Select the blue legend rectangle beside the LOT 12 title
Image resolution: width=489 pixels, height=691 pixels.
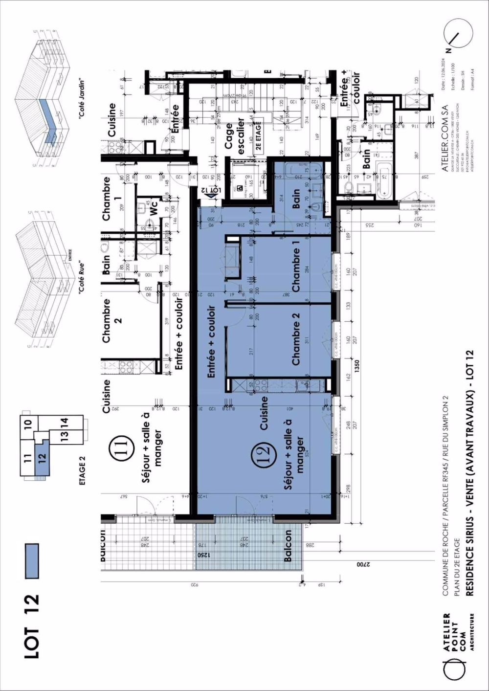click(x=31, y=561)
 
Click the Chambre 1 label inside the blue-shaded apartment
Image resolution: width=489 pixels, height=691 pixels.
click(x=295, y=270)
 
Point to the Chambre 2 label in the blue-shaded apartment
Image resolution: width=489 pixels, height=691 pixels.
click(x=295, y=343)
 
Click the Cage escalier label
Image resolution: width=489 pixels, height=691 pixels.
click(x=235, y=136)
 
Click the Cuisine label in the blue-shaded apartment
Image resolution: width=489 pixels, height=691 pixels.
click(x=264, y=413)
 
